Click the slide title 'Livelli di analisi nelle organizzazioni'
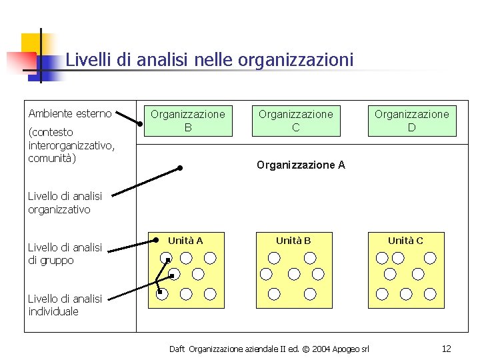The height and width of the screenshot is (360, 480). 209,60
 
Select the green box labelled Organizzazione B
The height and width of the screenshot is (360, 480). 188,121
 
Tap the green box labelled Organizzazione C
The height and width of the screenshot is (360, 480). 295,121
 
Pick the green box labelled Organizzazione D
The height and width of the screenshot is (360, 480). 411,121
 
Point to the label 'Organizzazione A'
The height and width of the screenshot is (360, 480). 301,165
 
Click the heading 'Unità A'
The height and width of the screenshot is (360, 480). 185,241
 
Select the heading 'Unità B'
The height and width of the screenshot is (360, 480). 293,241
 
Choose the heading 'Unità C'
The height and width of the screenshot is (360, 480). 405,241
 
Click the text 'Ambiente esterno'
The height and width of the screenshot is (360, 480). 70,113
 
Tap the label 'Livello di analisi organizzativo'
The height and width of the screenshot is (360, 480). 65,203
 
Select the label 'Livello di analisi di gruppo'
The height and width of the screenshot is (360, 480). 65,254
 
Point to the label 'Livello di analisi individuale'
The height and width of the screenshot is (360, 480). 65,305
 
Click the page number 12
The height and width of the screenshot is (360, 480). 446,349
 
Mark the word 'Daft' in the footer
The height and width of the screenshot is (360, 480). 177,349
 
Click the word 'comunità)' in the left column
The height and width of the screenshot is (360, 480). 52,159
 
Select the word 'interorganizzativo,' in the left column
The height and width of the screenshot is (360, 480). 71,145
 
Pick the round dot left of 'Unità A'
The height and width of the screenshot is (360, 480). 155,240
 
